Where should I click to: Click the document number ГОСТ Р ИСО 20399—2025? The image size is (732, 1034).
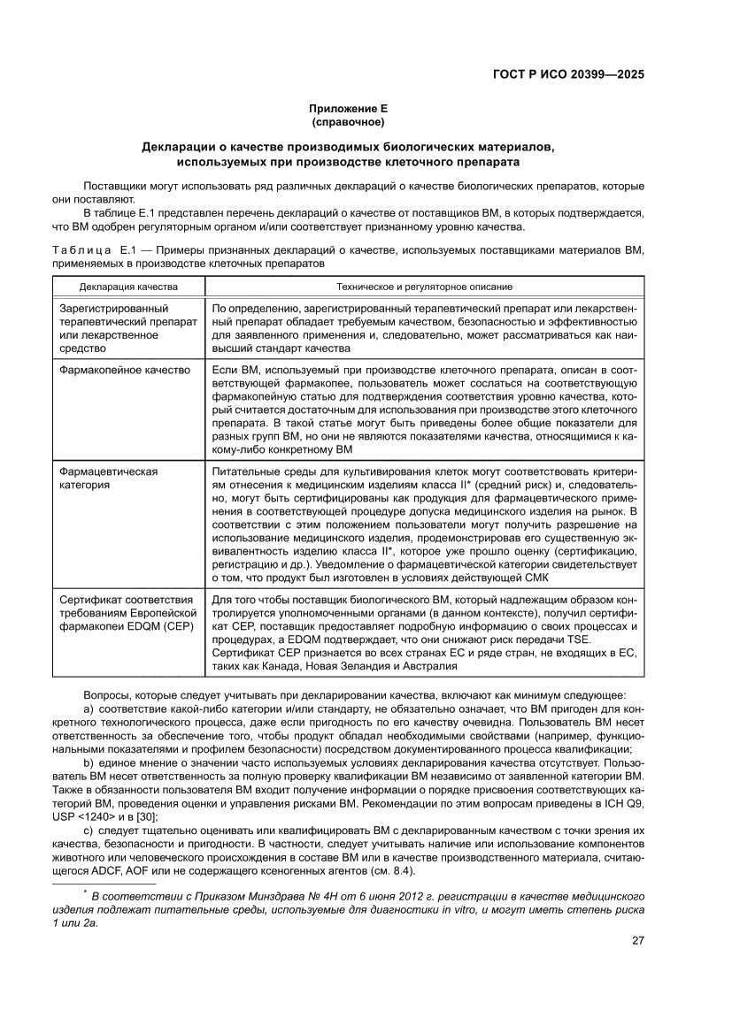click(567, 74)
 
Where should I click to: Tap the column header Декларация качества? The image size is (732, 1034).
click(128, 287)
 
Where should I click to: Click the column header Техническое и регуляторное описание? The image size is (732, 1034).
click(424, 287)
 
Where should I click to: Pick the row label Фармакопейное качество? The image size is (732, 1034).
click(125, 370)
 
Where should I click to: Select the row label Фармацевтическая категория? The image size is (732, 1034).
click(108, 479)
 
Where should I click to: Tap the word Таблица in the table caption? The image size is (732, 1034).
click(81, 251)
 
